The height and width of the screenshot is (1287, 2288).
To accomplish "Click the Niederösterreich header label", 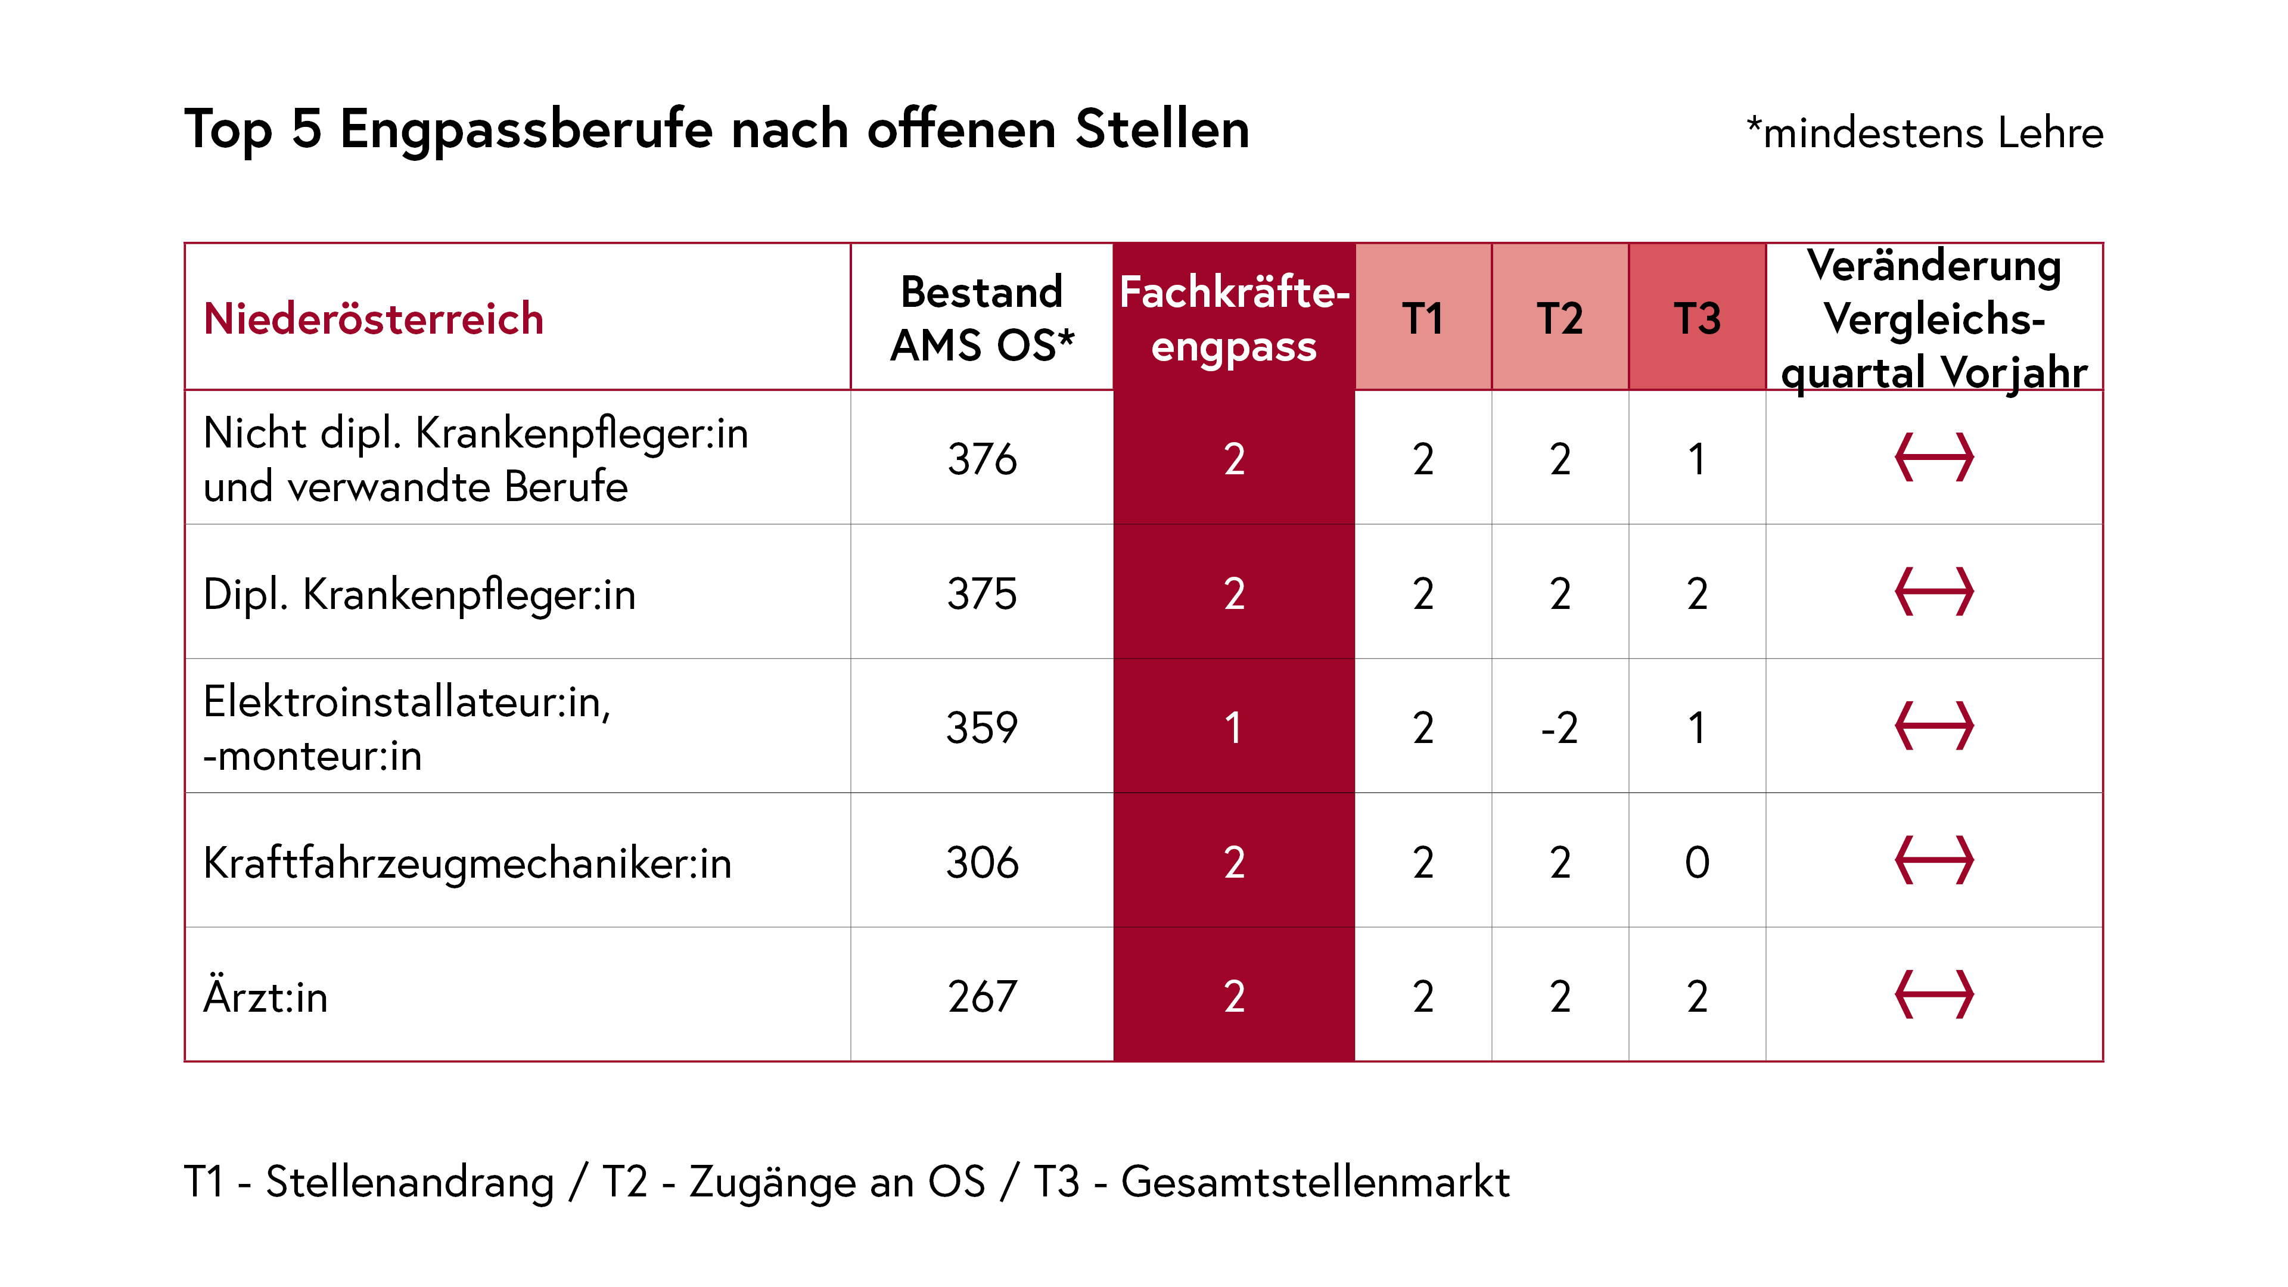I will pyautogui.click(x=373, y=318).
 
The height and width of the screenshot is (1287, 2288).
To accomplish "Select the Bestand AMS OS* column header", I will pyautogui.click(x=981, y=318).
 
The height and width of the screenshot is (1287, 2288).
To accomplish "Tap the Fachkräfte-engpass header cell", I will pyautogui.click(x=1234, y=318).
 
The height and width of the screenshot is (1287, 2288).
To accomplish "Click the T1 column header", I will pyautogui.click(x=1423, y=318).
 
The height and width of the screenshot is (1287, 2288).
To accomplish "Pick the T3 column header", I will pyautogui.click(x=1696, y=318).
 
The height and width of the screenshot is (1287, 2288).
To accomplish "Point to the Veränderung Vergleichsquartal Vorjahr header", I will pyautogui.click(x=1933, y=318).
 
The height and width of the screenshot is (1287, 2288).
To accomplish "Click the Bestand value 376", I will pyautogui.click(x=981, y=459).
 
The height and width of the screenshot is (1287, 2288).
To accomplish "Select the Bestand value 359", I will pyautogui.click(x=981, y=728).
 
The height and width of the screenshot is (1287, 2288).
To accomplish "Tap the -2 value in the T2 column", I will pyautogui.click(x=1560, y=728).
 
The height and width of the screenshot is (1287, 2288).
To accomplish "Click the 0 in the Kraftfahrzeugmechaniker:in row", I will pyautogui.click(x=1696, y=862).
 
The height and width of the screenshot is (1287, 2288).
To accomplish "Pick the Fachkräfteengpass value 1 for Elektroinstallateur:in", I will pyautogui.click(x=1234, y=728).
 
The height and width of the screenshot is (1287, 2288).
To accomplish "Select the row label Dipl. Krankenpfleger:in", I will pyautogui.click(x=419, y=593).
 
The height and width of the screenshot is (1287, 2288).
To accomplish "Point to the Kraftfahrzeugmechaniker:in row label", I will pyautogui.click(x=467, y=862).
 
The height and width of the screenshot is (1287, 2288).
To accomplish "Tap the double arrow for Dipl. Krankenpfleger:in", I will pyautogui.click(x=1933, y=592).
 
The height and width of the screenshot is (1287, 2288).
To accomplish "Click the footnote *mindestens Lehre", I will pyautogui.click(x=1924, y=133).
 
